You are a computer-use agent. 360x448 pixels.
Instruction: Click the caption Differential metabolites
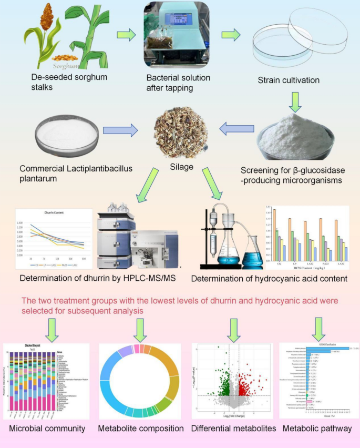tap(233, 429)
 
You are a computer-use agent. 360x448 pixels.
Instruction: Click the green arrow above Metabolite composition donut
tap(139, 331)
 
